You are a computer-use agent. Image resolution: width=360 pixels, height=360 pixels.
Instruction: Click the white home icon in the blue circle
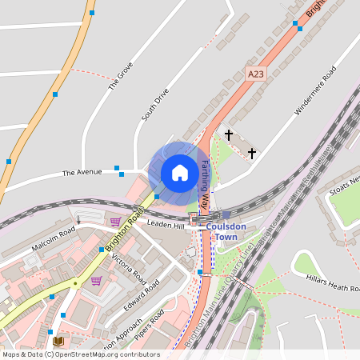pyautogui.click(x=180, y=172)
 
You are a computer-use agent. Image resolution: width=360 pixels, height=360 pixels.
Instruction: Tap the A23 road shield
pyautogui.click(x=255, y=74)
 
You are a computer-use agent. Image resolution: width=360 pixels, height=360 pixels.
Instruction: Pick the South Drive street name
pyautogui.click(x=155, y=105)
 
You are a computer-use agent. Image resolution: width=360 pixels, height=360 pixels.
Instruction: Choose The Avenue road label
pyautogui.click(x=82, y=173)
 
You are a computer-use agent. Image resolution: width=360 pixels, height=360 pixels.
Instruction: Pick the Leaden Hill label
pyautogui.click(x=166, y=226)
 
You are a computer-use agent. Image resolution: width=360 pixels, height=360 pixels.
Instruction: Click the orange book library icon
pyautogui.click(x=58, y=342)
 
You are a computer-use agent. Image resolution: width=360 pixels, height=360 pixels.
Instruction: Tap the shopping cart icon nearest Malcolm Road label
pyautogui.click(x=115, y=221)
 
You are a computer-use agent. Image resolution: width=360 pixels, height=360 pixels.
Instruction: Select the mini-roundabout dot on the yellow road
pyautogui.click(x=75, y=282)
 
